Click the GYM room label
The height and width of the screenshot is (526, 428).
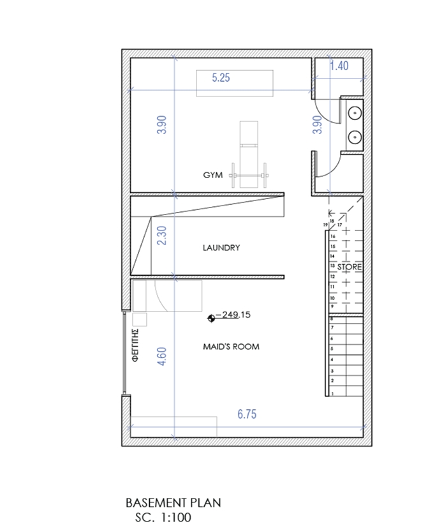pyautogui.click(x=213, y=175)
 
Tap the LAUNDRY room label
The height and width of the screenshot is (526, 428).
pyautogui.click(x=221, y=248)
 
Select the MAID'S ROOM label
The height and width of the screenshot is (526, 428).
pyautogui.click(x=231, y=347)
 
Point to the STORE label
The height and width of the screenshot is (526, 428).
pyautogui.click(x=350, y=267)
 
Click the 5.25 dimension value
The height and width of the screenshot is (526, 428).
pyautogui.click(x=221, y=78)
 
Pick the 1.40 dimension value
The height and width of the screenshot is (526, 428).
pyautogui.click(x=339, y=66)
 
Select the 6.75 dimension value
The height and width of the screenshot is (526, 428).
pyautogui.click(x=247, y=414)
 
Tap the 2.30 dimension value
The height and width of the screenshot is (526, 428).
pyautogui.click(x=161, y=236)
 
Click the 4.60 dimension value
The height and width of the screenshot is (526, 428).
pyautogui.click(x=161, y=356)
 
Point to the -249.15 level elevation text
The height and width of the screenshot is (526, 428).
pyautogui.click(x=233, y=315)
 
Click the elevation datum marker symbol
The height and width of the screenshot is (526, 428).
pyautogui.click(x=211, y=319)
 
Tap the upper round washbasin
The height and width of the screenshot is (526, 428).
pyautogui.click(x=355, y=113)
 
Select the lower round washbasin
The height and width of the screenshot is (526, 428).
pyautogui.click(x=355, y=137)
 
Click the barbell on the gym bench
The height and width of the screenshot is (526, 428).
pyautogui.click(x=249, y=175)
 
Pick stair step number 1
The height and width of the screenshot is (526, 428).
pyautogui.click(x=332, y=393)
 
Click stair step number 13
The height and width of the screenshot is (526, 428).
pyautogui.click(x=332, y=266)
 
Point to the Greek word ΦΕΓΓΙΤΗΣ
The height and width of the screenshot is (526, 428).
pyautogui.click(x=135, y=345)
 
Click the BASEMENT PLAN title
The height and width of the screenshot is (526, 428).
pyautogui.click(x=173, y=503)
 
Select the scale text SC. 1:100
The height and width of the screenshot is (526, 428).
pyautogui.click(x=163, y=517)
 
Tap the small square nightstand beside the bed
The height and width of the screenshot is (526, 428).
pyautogui.click(x=140, y=320)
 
